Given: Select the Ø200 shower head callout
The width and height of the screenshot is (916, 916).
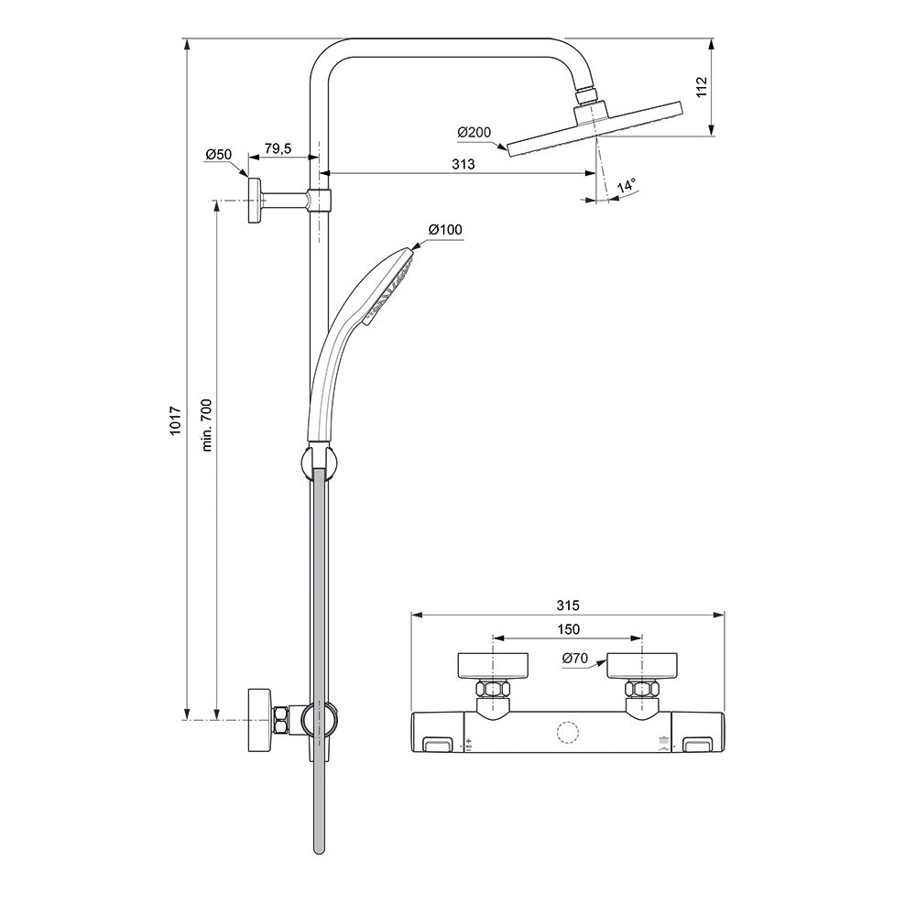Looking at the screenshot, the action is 474,133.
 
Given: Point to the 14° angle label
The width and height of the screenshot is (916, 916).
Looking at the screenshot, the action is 626,187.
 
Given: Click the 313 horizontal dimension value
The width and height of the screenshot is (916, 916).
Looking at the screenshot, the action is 463,164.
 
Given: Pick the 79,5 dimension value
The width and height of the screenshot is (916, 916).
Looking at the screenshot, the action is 278,149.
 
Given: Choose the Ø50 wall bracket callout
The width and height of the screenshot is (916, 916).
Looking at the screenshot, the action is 218,155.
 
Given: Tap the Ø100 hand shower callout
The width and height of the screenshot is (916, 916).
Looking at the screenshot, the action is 444,229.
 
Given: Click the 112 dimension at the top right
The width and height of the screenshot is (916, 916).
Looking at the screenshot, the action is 703,87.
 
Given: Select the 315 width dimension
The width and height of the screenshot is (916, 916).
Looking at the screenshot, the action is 568,605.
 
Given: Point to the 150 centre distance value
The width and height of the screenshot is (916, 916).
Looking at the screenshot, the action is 568,629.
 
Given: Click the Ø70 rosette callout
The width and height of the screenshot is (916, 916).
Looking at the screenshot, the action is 575,658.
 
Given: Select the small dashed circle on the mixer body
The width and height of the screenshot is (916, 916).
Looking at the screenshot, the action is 568,733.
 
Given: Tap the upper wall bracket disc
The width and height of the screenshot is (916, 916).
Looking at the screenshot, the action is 255,200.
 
